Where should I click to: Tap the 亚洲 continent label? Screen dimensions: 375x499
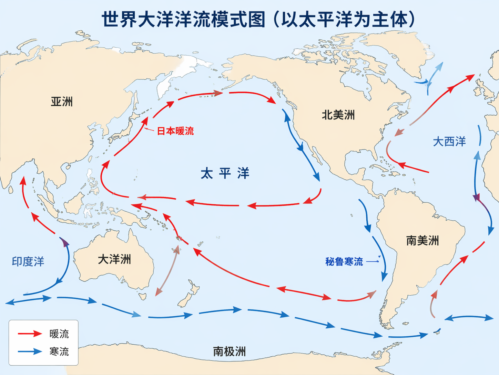[62, 102]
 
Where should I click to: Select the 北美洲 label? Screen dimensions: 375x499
[338, 115]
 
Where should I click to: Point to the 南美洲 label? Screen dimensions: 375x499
[422, 241]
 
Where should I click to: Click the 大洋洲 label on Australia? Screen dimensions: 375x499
[114, 259]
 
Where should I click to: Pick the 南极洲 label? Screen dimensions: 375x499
[229, 352]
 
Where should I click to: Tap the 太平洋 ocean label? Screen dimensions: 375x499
[225, 173]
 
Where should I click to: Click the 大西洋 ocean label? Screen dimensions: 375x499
[449, 142]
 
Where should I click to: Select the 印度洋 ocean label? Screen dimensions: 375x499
[28, 262]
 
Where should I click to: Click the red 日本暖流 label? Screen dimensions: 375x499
[175, 131]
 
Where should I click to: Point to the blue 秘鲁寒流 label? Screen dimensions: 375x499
[344, 262]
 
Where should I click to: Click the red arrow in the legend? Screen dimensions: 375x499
[30, 334]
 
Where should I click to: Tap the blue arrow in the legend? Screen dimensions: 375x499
[30, 352]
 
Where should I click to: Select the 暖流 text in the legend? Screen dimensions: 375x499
[59, 334]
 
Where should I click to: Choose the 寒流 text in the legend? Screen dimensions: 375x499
[59, 352]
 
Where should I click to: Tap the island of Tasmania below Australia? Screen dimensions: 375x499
[142, 296]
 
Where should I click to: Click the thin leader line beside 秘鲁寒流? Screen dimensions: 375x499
[372, 261]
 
